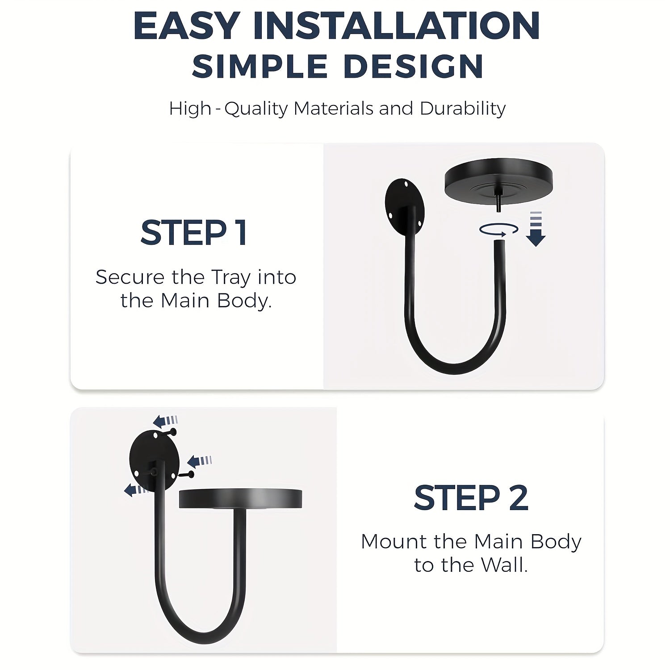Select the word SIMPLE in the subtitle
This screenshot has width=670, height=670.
(x=260, y=66)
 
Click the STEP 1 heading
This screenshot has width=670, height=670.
(x=194, y=233)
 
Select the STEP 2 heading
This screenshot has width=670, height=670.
(x=471, y=498)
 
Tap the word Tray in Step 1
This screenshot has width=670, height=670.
(x=230, y=278)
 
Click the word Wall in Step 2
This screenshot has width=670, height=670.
(x=505, y=565)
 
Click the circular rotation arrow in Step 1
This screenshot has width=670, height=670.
(x=498, y=230)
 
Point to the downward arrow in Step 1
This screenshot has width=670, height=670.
(x=536, y=229)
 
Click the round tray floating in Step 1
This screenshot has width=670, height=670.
(x=498, y=180)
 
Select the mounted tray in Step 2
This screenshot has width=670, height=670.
(x=240, y=498)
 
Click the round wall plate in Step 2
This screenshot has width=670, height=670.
(x=154, y=460)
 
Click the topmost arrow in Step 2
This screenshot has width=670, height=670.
(x=165, y=421)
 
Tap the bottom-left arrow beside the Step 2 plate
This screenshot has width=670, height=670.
(x=136, y=490)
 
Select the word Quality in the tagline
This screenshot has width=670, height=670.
(x=256, y=109)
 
